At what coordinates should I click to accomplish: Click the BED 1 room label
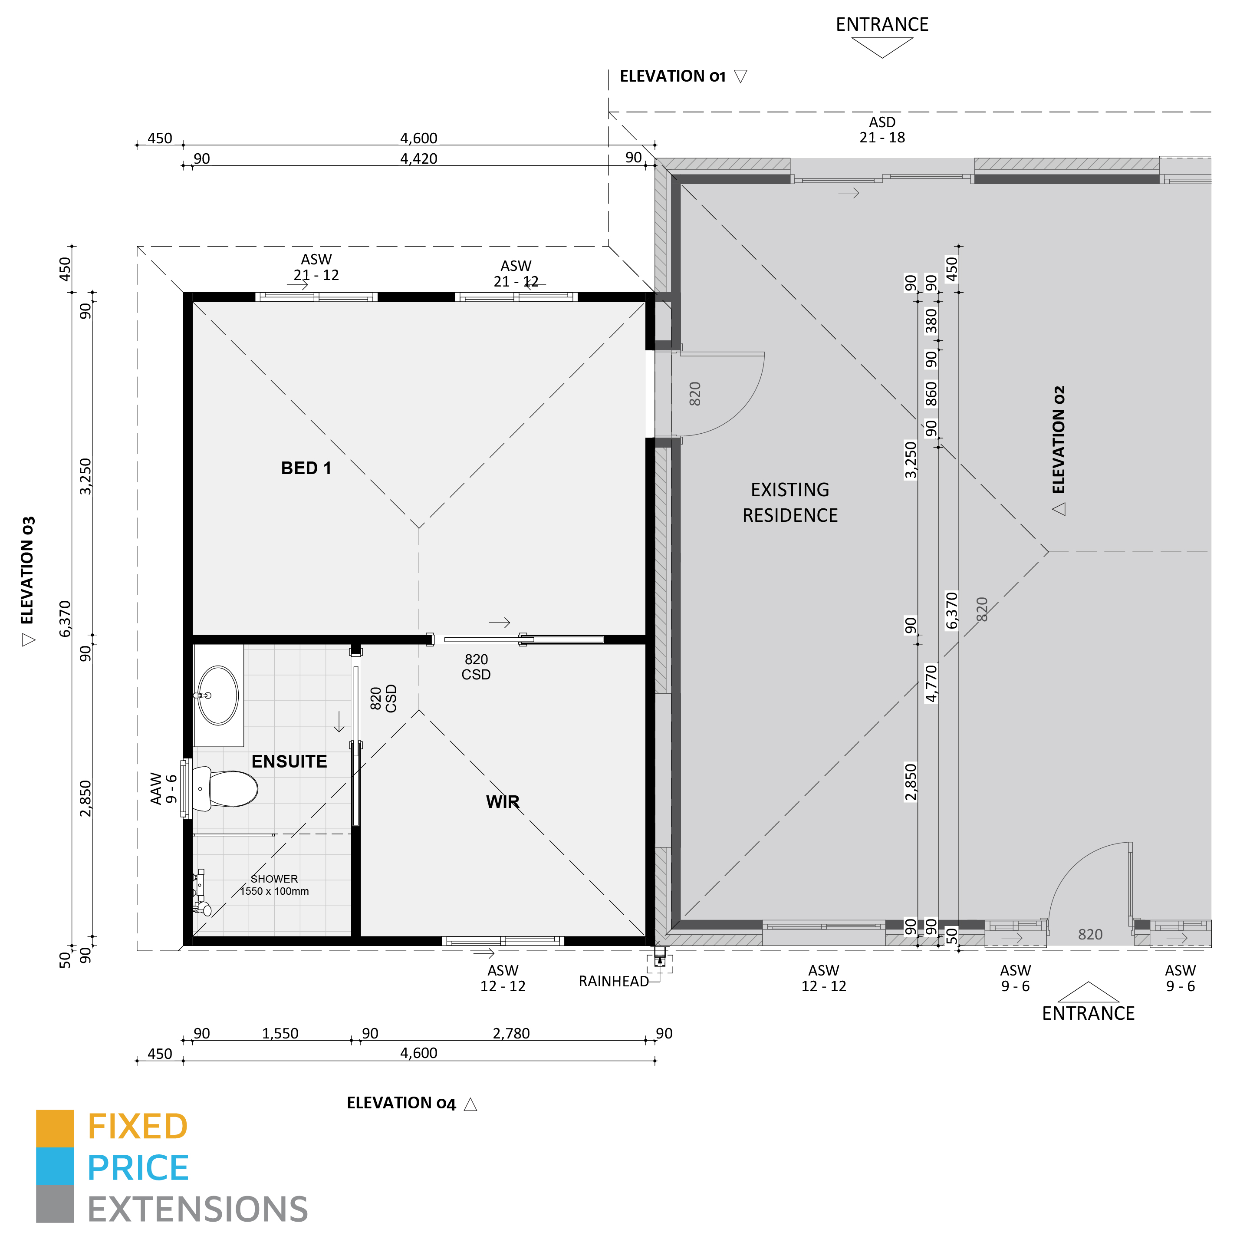[306, 468]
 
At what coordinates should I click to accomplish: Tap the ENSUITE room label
[289, 761]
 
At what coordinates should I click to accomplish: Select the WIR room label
[502, 802]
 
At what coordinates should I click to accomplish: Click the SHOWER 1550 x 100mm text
[274, 884]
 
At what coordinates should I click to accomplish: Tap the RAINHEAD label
[613, 981]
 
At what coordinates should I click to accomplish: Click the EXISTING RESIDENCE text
[789, 502]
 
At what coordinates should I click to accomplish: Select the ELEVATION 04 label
[401, 1103]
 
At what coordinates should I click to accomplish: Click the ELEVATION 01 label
[672, 76]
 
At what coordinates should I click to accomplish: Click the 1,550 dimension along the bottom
[280, 1033]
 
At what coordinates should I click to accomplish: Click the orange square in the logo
[55, 1128]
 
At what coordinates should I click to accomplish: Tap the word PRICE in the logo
[138, 1168]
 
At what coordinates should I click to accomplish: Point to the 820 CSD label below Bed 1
[476, 667]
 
